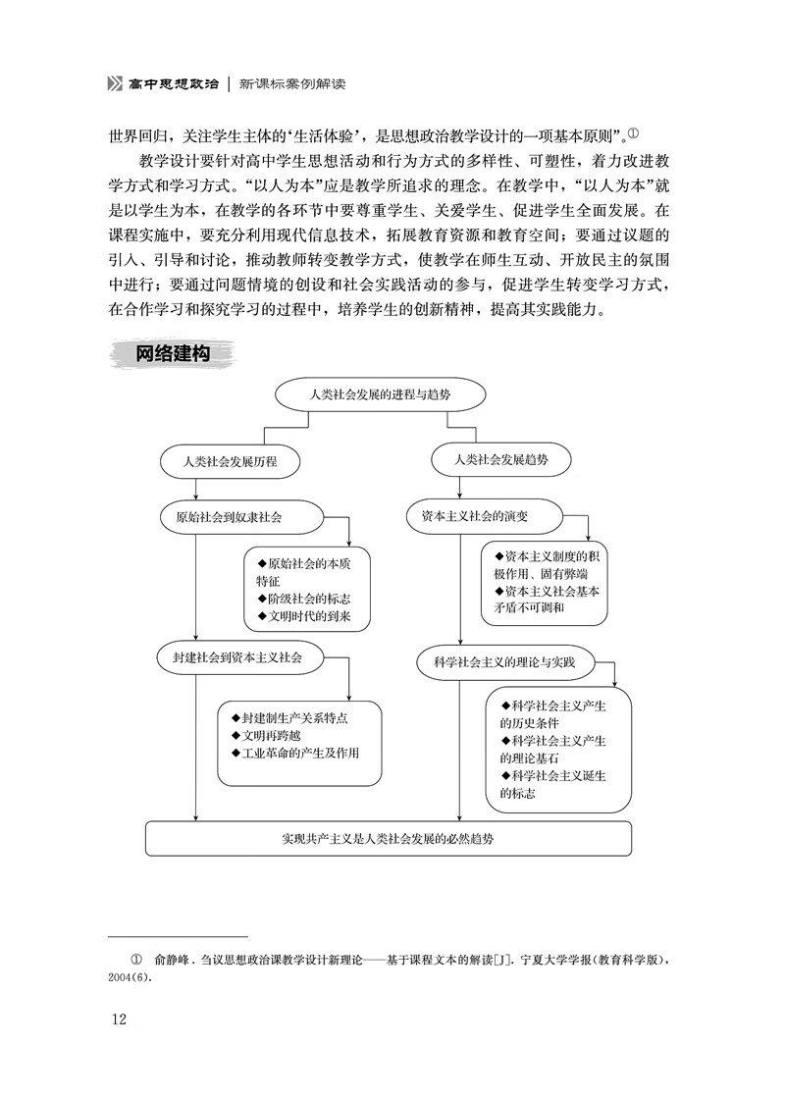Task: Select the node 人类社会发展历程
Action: pos(231,459)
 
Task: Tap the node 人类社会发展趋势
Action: pos(501,458)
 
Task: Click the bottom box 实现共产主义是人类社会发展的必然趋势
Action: pos(389,839)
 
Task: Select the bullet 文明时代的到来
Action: pos(303,615)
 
